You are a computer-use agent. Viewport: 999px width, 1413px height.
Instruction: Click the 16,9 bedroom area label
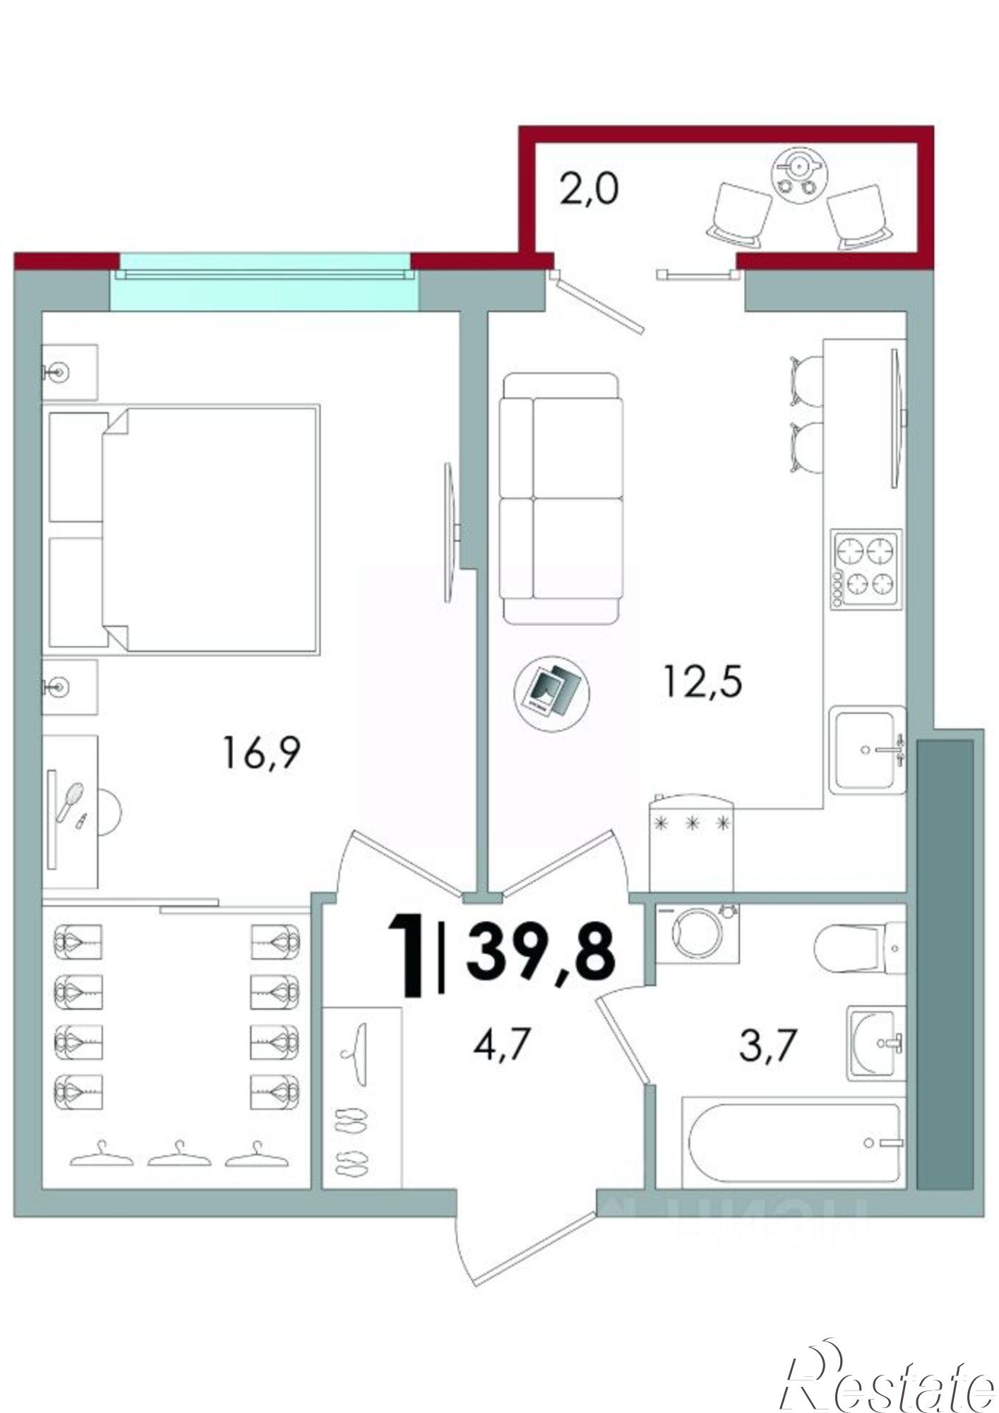coord(261,752)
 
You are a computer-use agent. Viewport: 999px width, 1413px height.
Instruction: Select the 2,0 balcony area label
coord(589,189)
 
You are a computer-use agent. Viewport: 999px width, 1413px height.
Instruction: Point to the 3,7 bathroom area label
coord(768,1045)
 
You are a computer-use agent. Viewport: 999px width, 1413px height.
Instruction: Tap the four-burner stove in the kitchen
coord(866,569)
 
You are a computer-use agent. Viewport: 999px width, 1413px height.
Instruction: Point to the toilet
coord(858,947)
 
